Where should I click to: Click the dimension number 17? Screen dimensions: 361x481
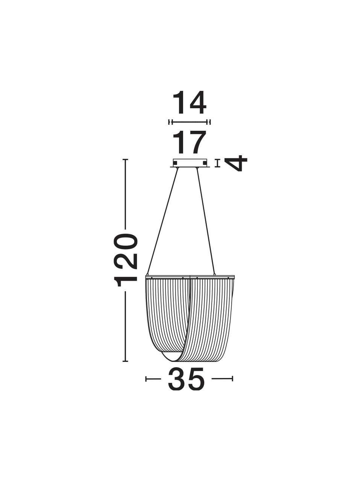click(x=190, y=142)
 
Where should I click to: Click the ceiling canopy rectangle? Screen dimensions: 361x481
click(x=190, y=163)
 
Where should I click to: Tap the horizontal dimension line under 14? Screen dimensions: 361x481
click(x=190, y=122)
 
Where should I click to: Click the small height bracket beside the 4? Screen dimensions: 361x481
click(x=217, y=163)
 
